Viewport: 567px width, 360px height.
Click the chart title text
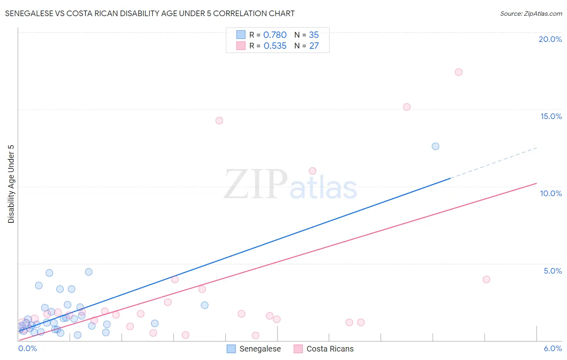(x=150, y=13)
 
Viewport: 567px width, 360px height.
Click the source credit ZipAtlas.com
(x=531, y=13)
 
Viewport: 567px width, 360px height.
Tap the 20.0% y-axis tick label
(x=550, y=39)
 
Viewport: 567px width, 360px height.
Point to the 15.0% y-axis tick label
(x=551, y=116)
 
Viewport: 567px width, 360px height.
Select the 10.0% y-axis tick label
(x=551, y=193)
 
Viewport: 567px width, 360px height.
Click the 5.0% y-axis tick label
(x=552, y=271)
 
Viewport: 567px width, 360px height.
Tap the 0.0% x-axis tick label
(x=28, y=348)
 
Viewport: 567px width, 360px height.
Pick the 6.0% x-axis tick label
(x=552, y=348)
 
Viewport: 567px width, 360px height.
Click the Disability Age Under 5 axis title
(x=11, y=184)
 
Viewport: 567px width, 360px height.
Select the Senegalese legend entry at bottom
(x=254, y=349)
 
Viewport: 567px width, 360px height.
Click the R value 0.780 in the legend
(x=275, y=35)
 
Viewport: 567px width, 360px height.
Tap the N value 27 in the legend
(x=314, y=46)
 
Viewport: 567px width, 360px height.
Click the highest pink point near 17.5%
(x=459, y=72)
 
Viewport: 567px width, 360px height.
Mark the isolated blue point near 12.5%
(x=436, y=146)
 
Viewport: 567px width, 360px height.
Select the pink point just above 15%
(x=406, y=107)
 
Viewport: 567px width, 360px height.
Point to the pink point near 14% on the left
(x=219, y=120)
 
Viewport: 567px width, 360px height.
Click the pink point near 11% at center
(x=312, y=171)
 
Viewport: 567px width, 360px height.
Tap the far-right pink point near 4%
(x=486, y=279)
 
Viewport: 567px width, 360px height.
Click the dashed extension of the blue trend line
(x=494, y=163)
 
